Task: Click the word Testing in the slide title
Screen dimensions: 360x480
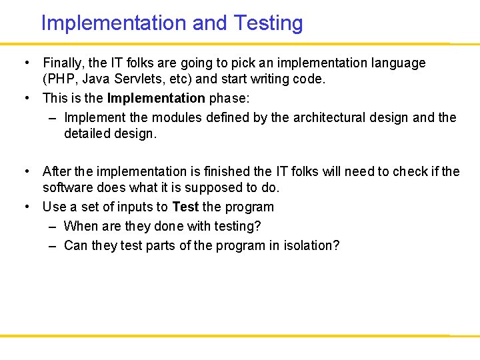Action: click(268, 23)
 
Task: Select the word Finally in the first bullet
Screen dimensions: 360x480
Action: click(63, 63)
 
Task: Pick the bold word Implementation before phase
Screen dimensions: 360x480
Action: click(156, 99)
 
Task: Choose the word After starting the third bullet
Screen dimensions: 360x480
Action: click(57, 172)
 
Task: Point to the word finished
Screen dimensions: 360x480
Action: click(229, 172)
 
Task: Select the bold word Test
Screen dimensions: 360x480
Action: click(185, 207)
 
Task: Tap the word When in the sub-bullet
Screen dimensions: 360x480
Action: click(81, 227)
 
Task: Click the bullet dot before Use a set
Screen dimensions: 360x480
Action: click(28, 207)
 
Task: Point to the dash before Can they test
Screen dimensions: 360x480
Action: click(52, 246)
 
